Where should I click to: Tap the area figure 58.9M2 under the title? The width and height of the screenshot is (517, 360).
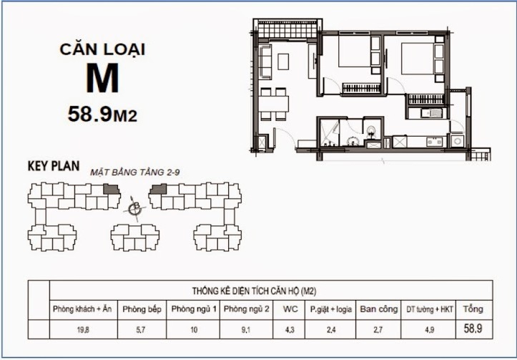coord(102,112)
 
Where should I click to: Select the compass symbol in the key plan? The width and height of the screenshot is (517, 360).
coord(134,209)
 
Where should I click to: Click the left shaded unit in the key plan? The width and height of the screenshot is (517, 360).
coord(111,189)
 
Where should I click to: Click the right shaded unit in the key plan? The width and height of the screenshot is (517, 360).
coord(158,189)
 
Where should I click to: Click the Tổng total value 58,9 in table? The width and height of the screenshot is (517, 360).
coord(473,329)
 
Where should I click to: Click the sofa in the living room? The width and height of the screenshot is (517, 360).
coord(265,61)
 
